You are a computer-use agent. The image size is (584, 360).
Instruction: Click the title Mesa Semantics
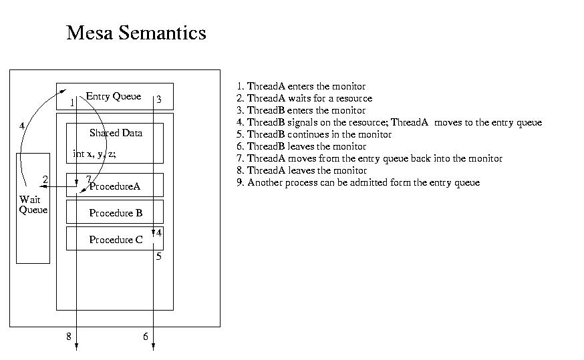pyautogui.click(x=136, y=32)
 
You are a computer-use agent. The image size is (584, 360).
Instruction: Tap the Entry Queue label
pyautogui.click(x=114, y=96)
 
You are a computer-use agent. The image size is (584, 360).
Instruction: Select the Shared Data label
pyautogui.click(x=116, y=133)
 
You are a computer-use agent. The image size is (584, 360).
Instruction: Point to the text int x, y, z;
pyautogui.click(x=94, y=154)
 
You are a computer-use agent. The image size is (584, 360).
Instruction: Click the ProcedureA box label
pyautogui.click(x=115, y=186)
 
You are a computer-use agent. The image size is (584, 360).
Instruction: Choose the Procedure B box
pyautogui.click(x=115, y=212)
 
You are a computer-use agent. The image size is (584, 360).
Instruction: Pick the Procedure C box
pyautogui.click(x=115, y=238)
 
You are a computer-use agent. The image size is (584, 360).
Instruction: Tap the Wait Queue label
pyautogui.click(x=33, y=205)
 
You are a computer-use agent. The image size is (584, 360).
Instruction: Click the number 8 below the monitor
pyautogui.click(x=69, y=337)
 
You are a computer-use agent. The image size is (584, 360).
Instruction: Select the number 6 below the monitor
pyautogui.click(x=146, y=337)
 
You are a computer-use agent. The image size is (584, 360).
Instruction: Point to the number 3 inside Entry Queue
pyautogui.click(x=158, y=100)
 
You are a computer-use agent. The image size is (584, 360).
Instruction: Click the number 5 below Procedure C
pyautogui.click(x=158, y=256)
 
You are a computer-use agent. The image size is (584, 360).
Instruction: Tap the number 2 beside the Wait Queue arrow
pyautogui.click(x=45, y=180)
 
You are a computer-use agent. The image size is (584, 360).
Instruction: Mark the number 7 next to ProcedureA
pyautogui.click(x=88, y=180)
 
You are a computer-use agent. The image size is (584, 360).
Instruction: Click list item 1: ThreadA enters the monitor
pyautogui.click(x=301, y=86)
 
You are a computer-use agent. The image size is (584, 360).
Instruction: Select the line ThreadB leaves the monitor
pyautogui.click(x=301, y=146)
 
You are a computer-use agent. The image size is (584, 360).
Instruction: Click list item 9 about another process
pyautogui.click(x=358, y=182)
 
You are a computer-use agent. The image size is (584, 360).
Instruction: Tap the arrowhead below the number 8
pyautogui.click(x=76, y=347)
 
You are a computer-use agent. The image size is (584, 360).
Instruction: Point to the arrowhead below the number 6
pyautogui.click(x=154, y=347)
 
